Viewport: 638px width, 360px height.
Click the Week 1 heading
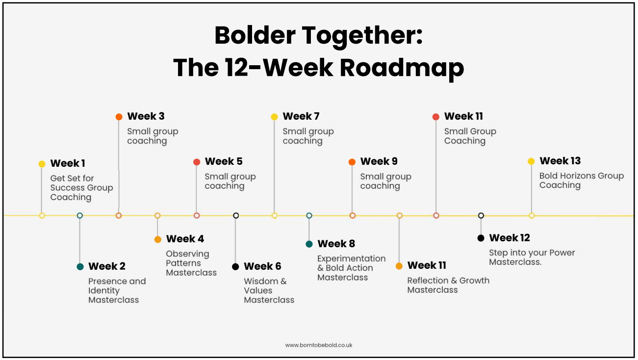[x=68, y=163]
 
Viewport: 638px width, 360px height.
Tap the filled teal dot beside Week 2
[x=80, y=267]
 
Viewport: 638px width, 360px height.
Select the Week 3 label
[x=146, y=116]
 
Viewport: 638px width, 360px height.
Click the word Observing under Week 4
[x=187, y=254]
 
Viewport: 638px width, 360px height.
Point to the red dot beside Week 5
[x=197, y=162]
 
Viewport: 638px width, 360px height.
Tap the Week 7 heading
[x=301, y=116]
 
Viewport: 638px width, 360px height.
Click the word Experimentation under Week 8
[x=352, y=258]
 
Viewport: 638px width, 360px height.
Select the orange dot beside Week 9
[x=352, y=162]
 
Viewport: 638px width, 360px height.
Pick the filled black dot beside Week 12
[x=481, y=238]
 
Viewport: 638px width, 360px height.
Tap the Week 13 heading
[x=560, y=161]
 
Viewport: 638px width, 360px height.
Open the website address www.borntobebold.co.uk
[x=319, y=345]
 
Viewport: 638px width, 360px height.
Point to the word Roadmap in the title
[x=402, y=68]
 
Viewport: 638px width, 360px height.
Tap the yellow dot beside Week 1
[x=42, y=164]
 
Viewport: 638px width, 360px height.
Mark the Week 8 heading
[x=336, y=244]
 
